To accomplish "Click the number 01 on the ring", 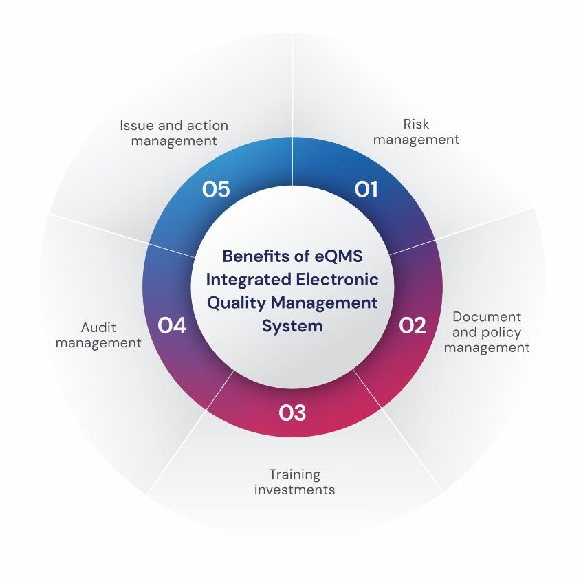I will (366, 189).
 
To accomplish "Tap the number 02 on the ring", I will (413, 325).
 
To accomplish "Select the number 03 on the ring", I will (292, 413).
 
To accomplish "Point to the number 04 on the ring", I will (172, 325).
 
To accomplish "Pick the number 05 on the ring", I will (216, 189).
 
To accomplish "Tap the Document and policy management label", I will (487, 332).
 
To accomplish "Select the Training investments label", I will (295, 482).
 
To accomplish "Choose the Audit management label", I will (98, 335).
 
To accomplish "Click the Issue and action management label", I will (174, 133).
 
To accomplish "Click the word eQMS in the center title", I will (331, 255).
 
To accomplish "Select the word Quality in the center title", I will (236, 303).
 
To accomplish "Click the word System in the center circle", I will (292, 326).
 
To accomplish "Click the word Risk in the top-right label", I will (416, 124).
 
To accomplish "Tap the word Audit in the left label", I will (98, 327).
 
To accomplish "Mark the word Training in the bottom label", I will (295, 474).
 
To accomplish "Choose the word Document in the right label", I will (487, 317).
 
